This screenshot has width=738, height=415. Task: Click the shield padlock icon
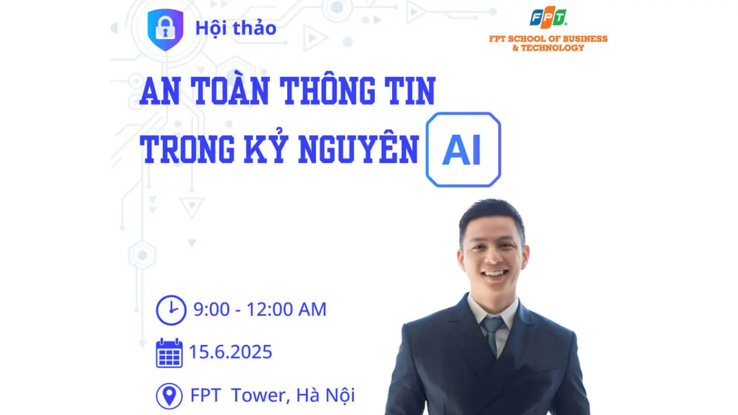pyautogui.click(x=165, y=29)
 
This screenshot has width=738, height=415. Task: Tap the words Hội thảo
pyautogui.click(x=236, y=28)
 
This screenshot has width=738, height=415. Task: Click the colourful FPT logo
pyautogui.click(x=548, y=17)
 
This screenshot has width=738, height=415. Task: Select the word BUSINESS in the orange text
pyautogui.click(x=585, y=39)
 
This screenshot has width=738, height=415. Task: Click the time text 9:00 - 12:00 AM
pyautogui.click(x=260, y=310)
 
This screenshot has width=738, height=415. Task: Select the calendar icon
pyautogui.click(x=169, y=352)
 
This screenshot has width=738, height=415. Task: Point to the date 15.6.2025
pyautogui.click(x=231, y=352)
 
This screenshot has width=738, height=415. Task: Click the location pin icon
pyautogui.click(x=169, y=395)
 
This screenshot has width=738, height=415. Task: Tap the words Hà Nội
pyautogui.click(x=326, y=395)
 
